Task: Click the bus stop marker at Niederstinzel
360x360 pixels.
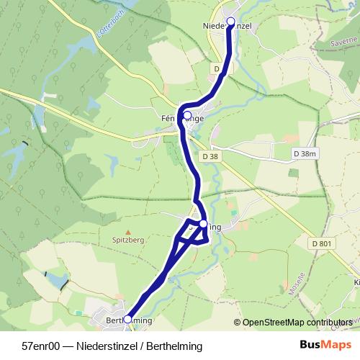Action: click(231, 22)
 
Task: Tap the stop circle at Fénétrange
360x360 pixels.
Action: click(187, 115)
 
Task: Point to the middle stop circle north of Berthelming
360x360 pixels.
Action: click(204, 225)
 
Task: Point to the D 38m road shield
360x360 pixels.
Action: click(305, 154)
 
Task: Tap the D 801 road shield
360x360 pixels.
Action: click(323, 244)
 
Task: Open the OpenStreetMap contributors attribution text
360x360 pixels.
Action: click(297, 323)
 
